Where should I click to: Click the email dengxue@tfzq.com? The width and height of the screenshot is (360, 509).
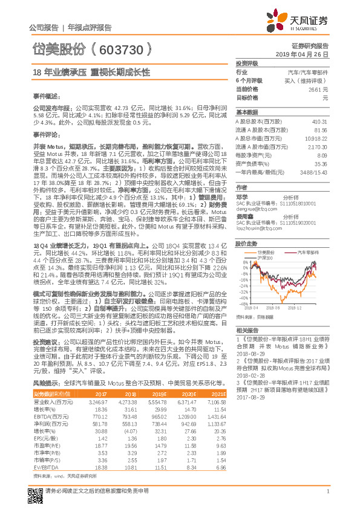coord(252,207)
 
